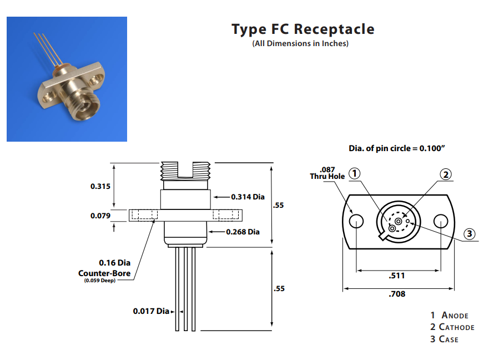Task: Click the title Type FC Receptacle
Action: [303, 29]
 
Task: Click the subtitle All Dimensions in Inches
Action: [300, 43]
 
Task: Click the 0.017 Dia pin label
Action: [151, 311]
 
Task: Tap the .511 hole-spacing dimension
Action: [397, 276]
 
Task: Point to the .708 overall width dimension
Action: [397, 294]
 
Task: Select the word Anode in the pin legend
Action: [455, 316]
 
